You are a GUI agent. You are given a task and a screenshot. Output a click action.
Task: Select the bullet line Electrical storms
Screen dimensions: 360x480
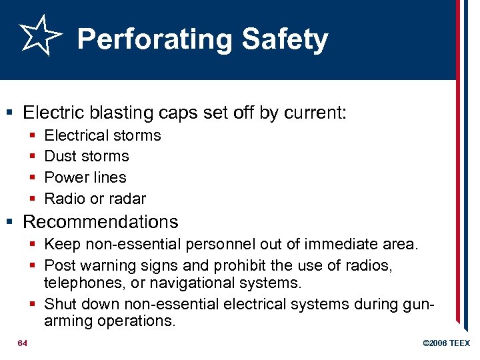click(x=102, y=135)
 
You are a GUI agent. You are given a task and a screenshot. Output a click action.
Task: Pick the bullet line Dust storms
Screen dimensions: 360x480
click(x=86, y=156)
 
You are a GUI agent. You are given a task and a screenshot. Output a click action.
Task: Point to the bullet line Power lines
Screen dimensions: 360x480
click(x=85, y=177)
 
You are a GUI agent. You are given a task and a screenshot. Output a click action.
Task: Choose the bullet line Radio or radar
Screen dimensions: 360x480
click(x=95, y=199)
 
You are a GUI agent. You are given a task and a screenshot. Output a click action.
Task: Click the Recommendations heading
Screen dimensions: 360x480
click(x=100, y=221)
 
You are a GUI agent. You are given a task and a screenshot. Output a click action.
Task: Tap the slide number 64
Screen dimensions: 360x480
click(x=23, y=343)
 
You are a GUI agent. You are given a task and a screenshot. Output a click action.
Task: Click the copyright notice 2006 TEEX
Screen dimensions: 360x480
click(x=446, y=343)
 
